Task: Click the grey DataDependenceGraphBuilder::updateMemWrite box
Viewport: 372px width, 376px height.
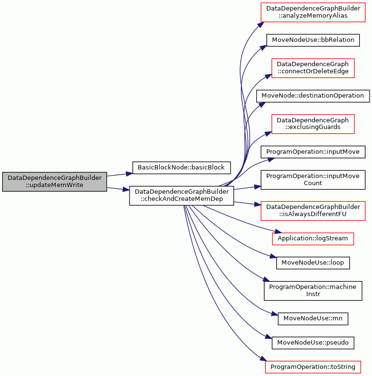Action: click(x=54, y=181)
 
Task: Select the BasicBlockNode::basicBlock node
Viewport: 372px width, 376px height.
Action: click(x=181, y=168)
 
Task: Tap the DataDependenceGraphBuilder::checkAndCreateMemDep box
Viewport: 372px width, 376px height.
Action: click(x=181, y=196)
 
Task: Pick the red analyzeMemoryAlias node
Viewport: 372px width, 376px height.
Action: click(x=313, y=12)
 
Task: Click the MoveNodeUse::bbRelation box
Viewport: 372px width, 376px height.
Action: click(x=313, y=40)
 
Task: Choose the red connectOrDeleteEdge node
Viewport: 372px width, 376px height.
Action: click(x=313, y=68)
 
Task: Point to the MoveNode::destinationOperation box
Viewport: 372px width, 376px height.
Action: click(x=313, y=96)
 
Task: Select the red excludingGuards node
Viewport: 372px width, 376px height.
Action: click(x=313, y=124)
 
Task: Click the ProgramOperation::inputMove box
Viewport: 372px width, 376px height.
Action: click(x=313, y=152)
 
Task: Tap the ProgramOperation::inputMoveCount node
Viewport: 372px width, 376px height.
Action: click(x=313, y=179)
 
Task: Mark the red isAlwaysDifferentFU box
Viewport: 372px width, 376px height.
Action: click(x=313, y=211)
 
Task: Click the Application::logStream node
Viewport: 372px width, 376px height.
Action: click(x=313, y=238)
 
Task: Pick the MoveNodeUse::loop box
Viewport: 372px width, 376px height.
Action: click(x=313, y=263)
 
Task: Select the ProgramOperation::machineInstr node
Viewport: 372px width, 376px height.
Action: click(x=313, y=291)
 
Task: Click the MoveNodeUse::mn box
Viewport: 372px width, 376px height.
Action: click(x=313, y=319)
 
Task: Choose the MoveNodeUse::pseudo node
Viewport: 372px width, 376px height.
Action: click(x=313, y=343)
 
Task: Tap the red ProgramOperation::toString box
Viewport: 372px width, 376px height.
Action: click(x=313, y=367)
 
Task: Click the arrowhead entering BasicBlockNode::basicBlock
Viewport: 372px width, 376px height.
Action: click(x=130, y=174)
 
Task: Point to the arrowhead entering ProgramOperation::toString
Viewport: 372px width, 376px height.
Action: click(x=263, y=358)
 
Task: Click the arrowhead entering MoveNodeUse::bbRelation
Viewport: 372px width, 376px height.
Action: click(x=263, y=48)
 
